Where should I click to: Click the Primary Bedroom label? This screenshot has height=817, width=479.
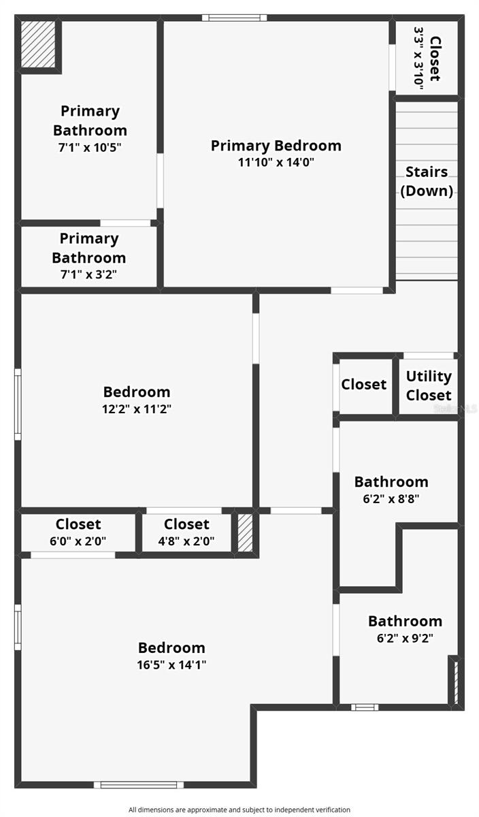[x=276, y=146]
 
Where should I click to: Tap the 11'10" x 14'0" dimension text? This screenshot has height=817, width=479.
[x=276, y=162]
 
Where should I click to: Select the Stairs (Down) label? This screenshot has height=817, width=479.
[x=427, y=181]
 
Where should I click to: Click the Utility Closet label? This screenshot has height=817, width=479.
[x=429, y=385]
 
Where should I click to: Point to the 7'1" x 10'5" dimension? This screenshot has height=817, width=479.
[x=90, y=147]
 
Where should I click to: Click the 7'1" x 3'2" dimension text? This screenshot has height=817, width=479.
[x=88, y=274]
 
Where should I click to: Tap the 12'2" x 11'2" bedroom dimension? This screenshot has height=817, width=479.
[x=137, y=409]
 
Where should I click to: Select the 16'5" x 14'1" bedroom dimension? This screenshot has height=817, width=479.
[x=171, y=664]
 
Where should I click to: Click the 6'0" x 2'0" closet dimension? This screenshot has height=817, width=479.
[x=78, y=541]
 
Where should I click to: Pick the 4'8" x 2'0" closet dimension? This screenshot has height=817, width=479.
[x=186, y=541]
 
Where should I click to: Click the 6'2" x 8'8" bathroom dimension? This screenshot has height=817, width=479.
[x=391, y=498]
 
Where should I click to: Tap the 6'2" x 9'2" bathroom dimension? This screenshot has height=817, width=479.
[x=405, y=638]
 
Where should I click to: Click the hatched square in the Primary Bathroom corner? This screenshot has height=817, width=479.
[x=38, y=44]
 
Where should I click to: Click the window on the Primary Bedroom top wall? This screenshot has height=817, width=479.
[x=234, y=18]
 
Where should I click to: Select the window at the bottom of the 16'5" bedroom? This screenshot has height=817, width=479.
[x=139, y=785]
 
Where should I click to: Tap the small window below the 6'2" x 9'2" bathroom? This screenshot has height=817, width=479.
[x=365, y=707]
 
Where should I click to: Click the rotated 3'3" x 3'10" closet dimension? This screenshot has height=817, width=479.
[x=419, y=59]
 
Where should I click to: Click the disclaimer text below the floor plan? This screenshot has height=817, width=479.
[x=239, y=810]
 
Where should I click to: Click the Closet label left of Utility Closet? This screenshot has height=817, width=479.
[x=364, y=384]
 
